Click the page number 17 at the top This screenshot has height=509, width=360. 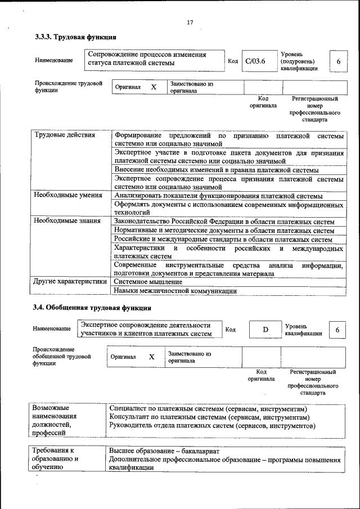pyautogui.click(x=190, y=22)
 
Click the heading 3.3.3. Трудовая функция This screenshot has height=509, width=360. pyautogui.click(x=75, y=37)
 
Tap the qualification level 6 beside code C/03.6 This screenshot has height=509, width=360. pyautogui.click(x=338, y=61)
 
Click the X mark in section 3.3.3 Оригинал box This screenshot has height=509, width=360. pyautogui.click(x=153, y=87)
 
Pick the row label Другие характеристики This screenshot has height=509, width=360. pyautogui.click(x=70, y=281)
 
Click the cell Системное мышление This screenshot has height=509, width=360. pyautogui.click(x=148, y=281)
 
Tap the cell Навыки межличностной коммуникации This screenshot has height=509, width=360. pyautogui.click(x=175, y=291)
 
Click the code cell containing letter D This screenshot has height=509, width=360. pyautogui.click(x=265, y=330)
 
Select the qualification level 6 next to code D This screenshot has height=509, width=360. pyautogui.click(x=337, y=330)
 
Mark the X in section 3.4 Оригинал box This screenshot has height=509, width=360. pyautogui.click(x=151, y=357)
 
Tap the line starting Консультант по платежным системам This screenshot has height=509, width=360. pyautogui.click(x=209, y=417)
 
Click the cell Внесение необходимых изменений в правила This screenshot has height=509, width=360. pyautogui.click(x=216, y=169)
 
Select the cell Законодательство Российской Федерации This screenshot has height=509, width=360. pyautogui.click(x=227, y=222)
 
